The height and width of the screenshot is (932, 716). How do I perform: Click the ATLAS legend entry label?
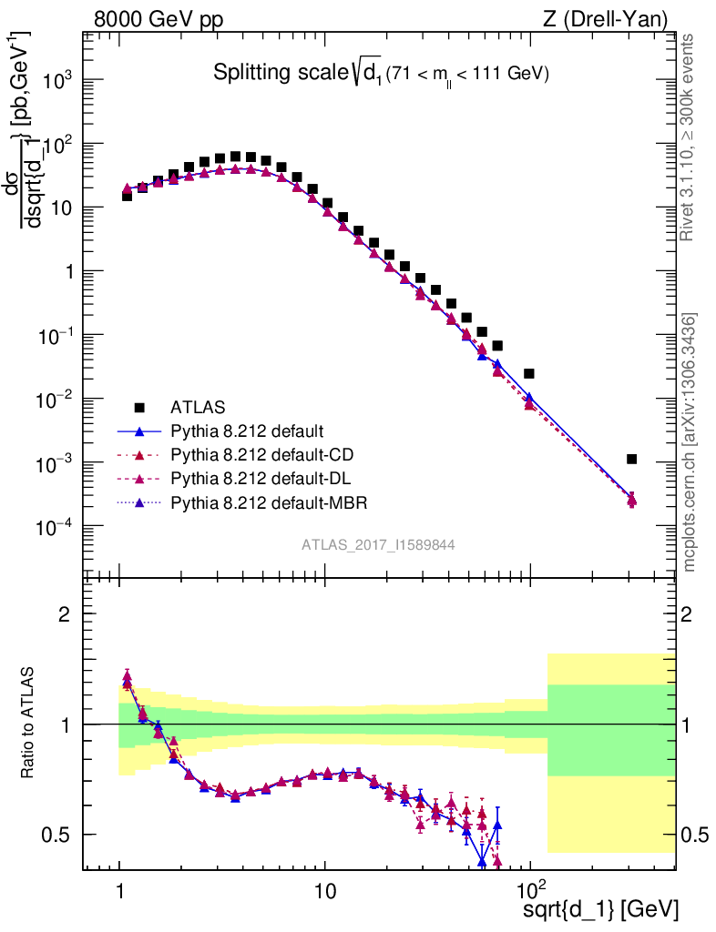pyautogui.click(x=199, y=407)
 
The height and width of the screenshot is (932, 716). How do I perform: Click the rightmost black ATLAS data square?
pyautogui.click(x=632, y=459)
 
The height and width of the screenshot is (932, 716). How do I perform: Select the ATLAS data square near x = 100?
pyautogui.click(x=529, y=373)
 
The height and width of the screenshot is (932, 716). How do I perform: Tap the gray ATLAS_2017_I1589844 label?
pyautogui.click(x=378, y=544)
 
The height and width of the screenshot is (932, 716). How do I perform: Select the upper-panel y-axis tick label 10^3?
pyautogui.click(x=56, y=80)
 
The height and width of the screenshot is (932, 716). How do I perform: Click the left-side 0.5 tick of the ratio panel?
pyautogui.click(x=56, y=835)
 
